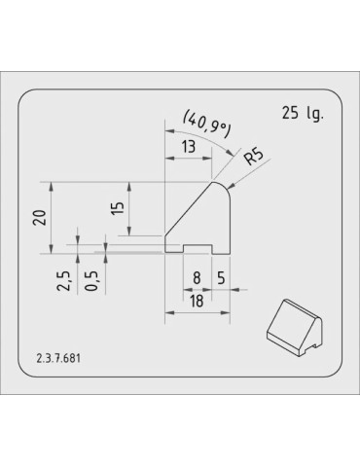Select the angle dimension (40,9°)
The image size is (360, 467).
pos(206,123)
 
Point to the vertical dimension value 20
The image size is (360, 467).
pos(40,217)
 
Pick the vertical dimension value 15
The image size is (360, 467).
pos(118,209)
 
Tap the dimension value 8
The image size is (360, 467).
pos(197,277)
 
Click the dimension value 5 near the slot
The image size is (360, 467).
pos(222,277)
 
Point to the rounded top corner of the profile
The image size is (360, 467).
pos(225,185)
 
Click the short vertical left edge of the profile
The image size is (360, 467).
pos(165,244)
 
